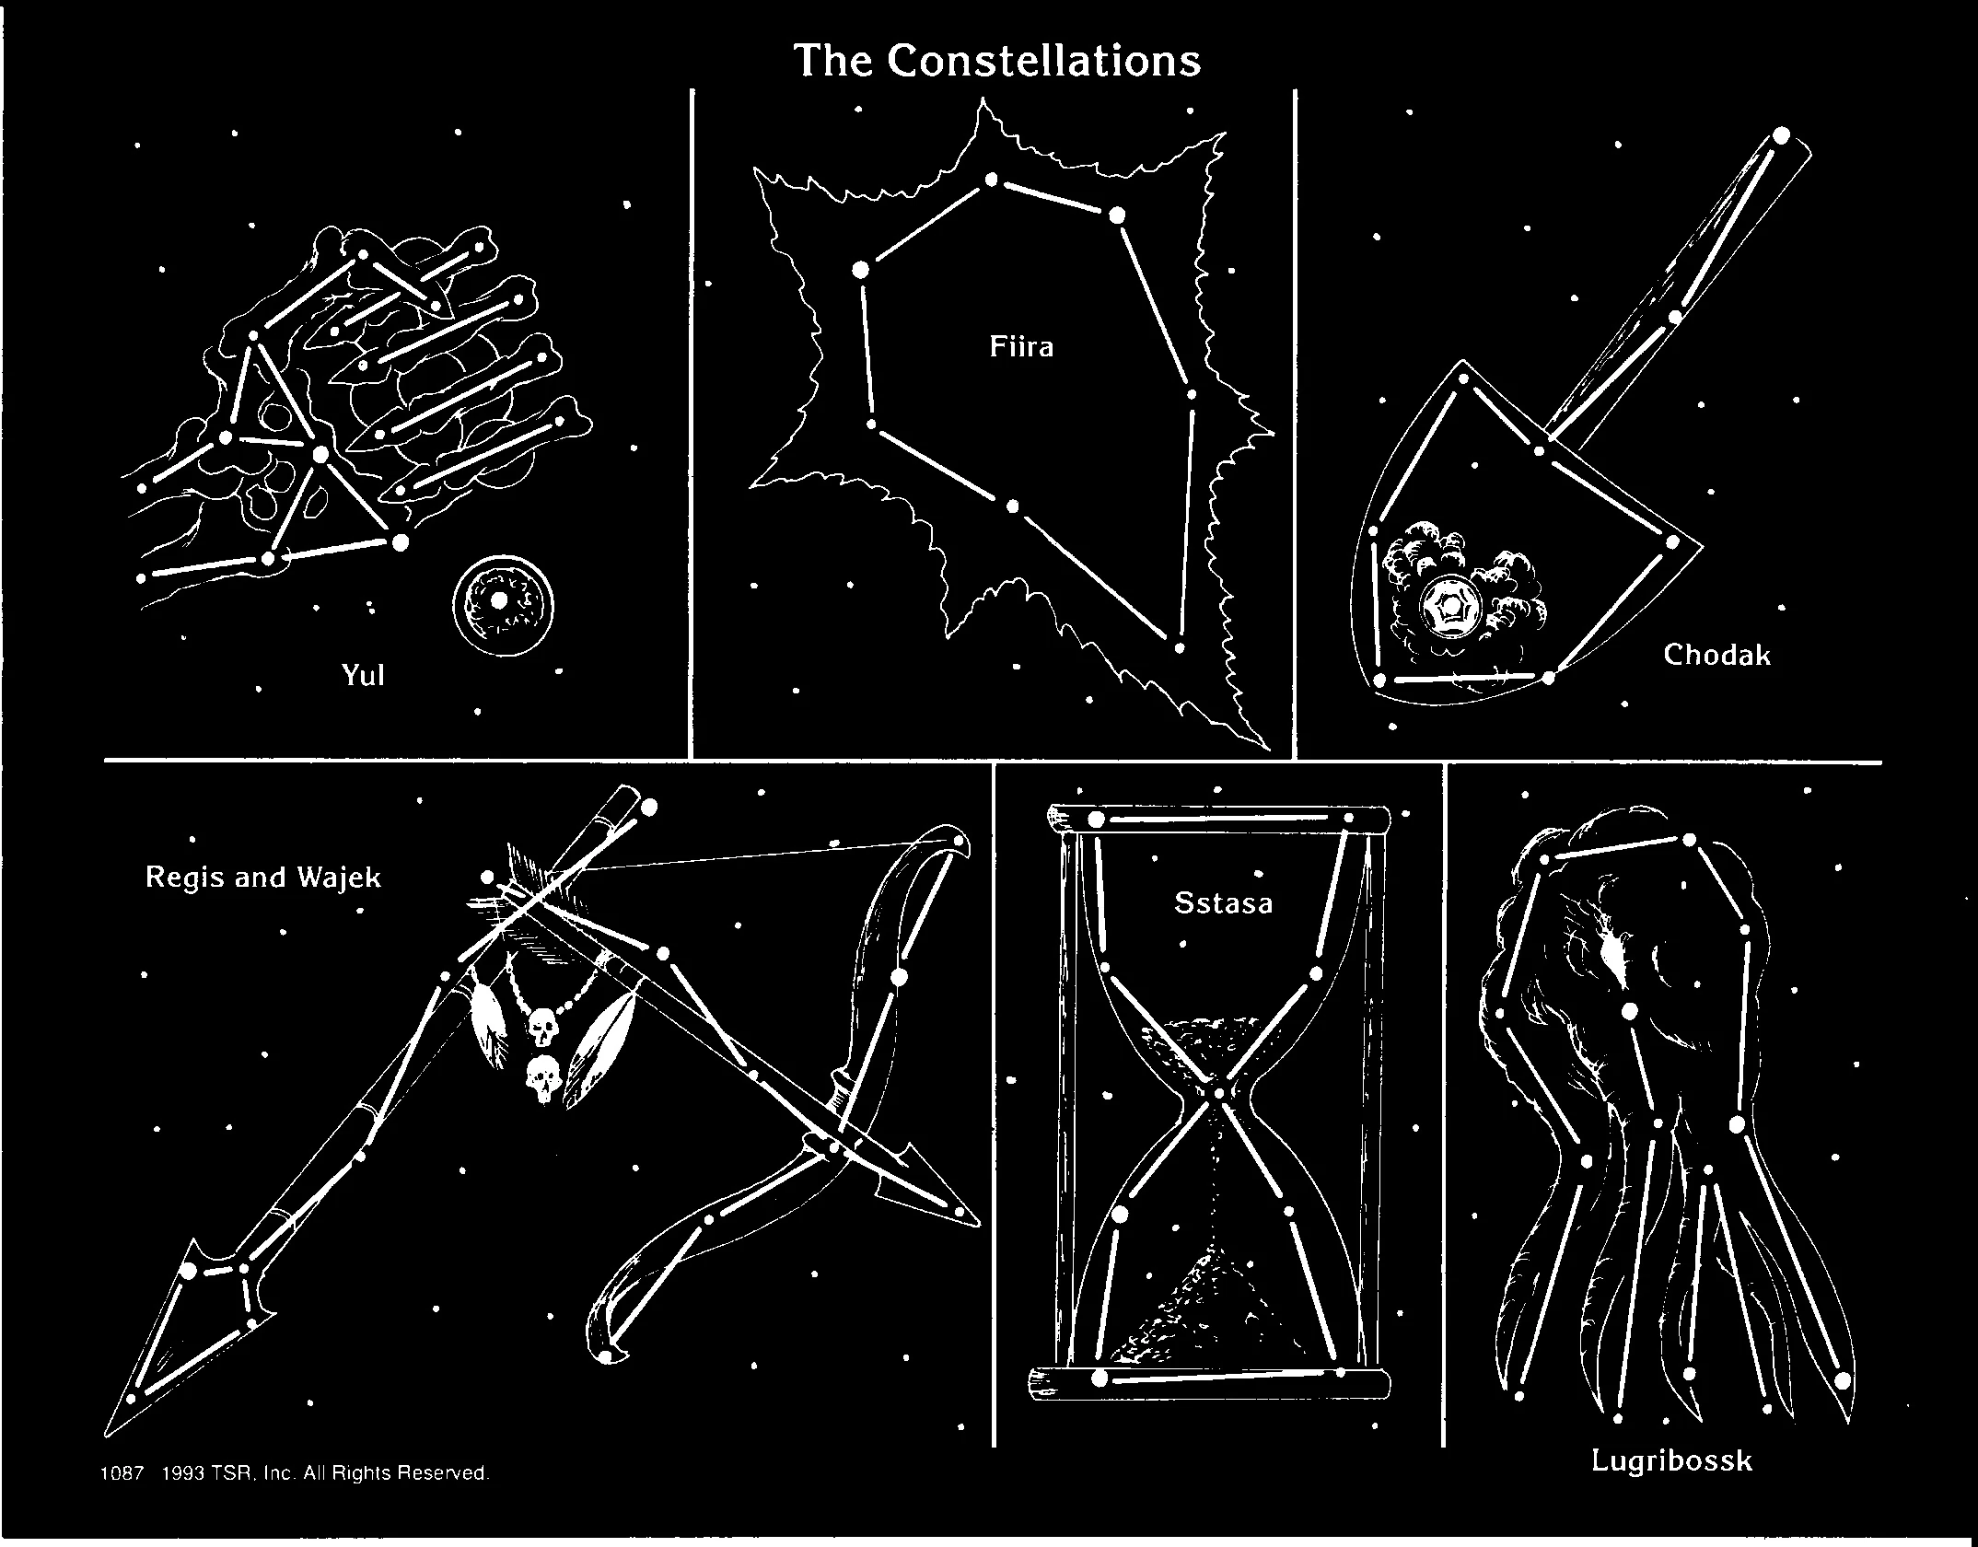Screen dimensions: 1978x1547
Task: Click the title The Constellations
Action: click(x=997, y=61)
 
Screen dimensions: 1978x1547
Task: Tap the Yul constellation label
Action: click(x=363, y=676)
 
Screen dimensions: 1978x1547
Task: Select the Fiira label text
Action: click(x=1020, y=348)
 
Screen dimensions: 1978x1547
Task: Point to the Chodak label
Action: click(x=1716, y=655)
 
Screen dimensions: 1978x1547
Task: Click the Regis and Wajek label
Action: click(x=262, y=877)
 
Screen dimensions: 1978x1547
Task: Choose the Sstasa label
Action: click(x=1223, y=902)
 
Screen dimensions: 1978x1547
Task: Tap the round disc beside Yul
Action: click(x=503, y=605)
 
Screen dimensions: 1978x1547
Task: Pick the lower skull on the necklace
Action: click(x=542, y=1079)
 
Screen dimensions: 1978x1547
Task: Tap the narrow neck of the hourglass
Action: click(x=1218, y=1094)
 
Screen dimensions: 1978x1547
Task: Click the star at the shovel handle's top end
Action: click(x=1780, y=135)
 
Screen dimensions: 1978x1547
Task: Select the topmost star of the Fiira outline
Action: click(x=991, y=179)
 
